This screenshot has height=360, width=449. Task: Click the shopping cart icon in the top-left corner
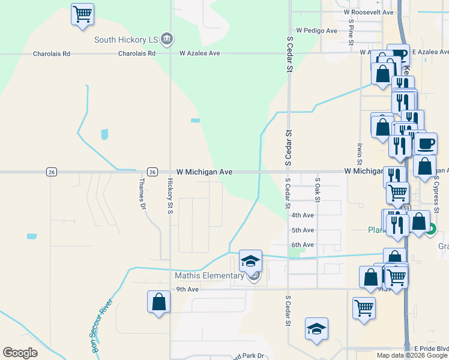click(82, 13)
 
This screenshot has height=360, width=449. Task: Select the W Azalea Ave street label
click(199, 53)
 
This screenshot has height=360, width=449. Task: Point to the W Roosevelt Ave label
click(369, 12)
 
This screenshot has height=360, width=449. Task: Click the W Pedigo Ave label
click(318, 30)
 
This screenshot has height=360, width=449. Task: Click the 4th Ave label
click(303, 215)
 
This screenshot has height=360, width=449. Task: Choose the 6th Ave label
click(303, 245)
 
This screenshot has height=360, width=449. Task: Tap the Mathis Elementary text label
click(209, 276)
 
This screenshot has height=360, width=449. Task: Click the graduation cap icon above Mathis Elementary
click(250, 260)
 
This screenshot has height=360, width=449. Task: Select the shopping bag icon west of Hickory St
click(158, 301)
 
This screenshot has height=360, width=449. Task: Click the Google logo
click(20, 353)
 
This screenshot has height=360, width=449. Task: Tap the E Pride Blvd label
click(432, 349)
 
